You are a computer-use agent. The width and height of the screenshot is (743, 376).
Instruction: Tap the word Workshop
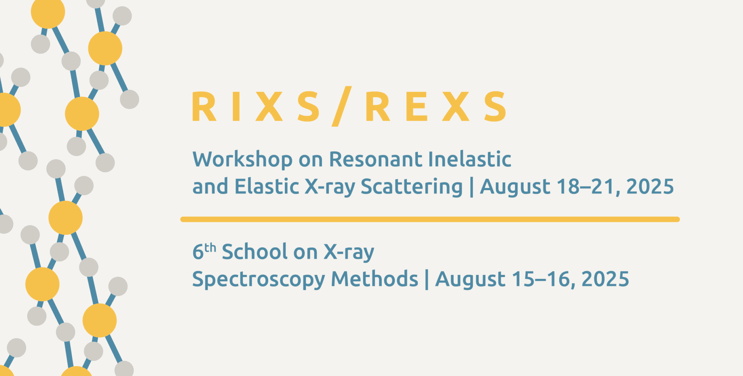coord(242,160)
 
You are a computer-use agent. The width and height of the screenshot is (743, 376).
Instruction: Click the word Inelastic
coord(470,159)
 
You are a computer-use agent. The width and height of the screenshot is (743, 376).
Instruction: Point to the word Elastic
coord(267,187)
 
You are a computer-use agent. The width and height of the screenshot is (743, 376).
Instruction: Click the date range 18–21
coord(587,187)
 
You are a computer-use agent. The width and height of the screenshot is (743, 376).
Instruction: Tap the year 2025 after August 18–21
coord(650,187)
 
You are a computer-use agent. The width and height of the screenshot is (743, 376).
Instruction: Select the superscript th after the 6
coord(210,248)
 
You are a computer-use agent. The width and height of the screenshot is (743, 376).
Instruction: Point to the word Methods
coord(374,279)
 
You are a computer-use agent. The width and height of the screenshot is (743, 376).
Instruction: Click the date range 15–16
coord(542,279)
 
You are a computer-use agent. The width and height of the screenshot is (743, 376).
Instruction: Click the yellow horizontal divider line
coord(430,219)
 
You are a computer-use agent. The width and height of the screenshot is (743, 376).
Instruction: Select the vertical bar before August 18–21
coord(472,187)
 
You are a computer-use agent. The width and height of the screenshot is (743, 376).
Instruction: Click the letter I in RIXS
coord(236,106)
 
